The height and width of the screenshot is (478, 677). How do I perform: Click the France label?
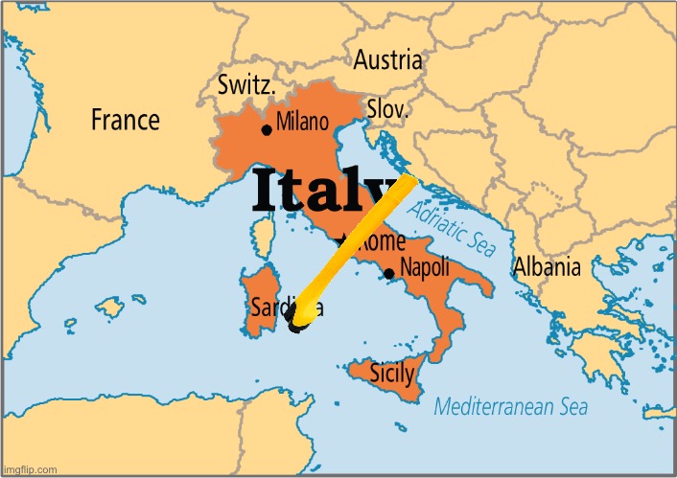point(125,120)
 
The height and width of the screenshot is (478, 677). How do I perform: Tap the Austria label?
point(387,60)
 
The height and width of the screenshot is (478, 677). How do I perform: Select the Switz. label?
point(247,85)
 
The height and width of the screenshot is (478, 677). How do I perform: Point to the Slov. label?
point(388,110)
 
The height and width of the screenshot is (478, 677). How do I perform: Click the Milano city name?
point(302,123)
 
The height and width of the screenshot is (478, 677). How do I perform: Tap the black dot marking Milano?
point(266,130)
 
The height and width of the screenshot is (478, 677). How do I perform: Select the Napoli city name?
point(426,267)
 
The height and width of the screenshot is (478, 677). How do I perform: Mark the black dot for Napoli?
point(388,273)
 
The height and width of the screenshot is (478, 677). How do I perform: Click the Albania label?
point(547,267)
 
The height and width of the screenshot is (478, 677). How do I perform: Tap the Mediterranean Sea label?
point(510,406)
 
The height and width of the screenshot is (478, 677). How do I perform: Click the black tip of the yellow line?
point(296,329)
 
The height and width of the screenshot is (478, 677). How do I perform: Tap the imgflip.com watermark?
point(30,469)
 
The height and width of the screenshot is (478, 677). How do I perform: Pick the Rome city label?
point(381,241)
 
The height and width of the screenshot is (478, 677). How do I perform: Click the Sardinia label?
point(286,307)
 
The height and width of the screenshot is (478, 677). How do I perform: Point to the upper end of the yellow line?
point(409,181)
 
